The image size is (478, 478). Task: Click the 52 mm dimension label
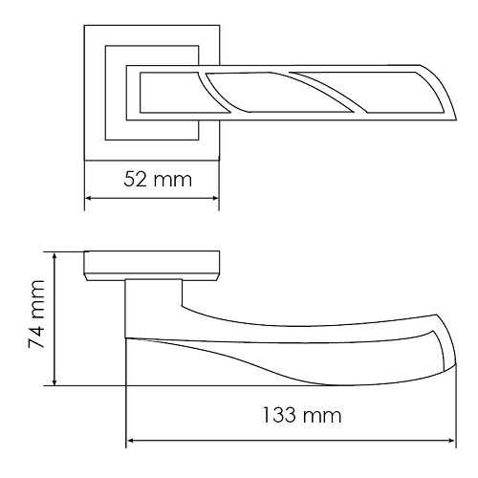[x=158, y=179]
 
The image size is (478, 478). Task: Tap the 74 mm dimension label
[x=36, y=315]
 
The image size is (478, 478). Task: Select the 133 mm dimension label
[x=302, y=415]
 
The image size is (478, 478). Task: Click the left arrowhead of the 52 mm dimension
[x=89, y=198]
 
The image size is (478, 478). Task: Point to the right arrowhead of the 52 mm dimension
[x=215, y=198]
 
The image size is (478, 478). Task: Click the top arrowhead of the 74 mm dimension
[x=54, y=256]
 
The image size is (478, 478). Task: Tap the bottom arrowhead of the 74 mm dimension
[x=54, y=381]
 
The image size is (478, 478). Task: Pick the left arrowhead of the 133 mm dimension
[x=131, y=441]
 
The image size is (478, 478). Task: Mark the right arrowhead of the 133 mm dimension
[x=451, y=441]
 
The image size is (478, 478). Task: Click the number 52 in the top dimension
[x=135, y=179]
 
